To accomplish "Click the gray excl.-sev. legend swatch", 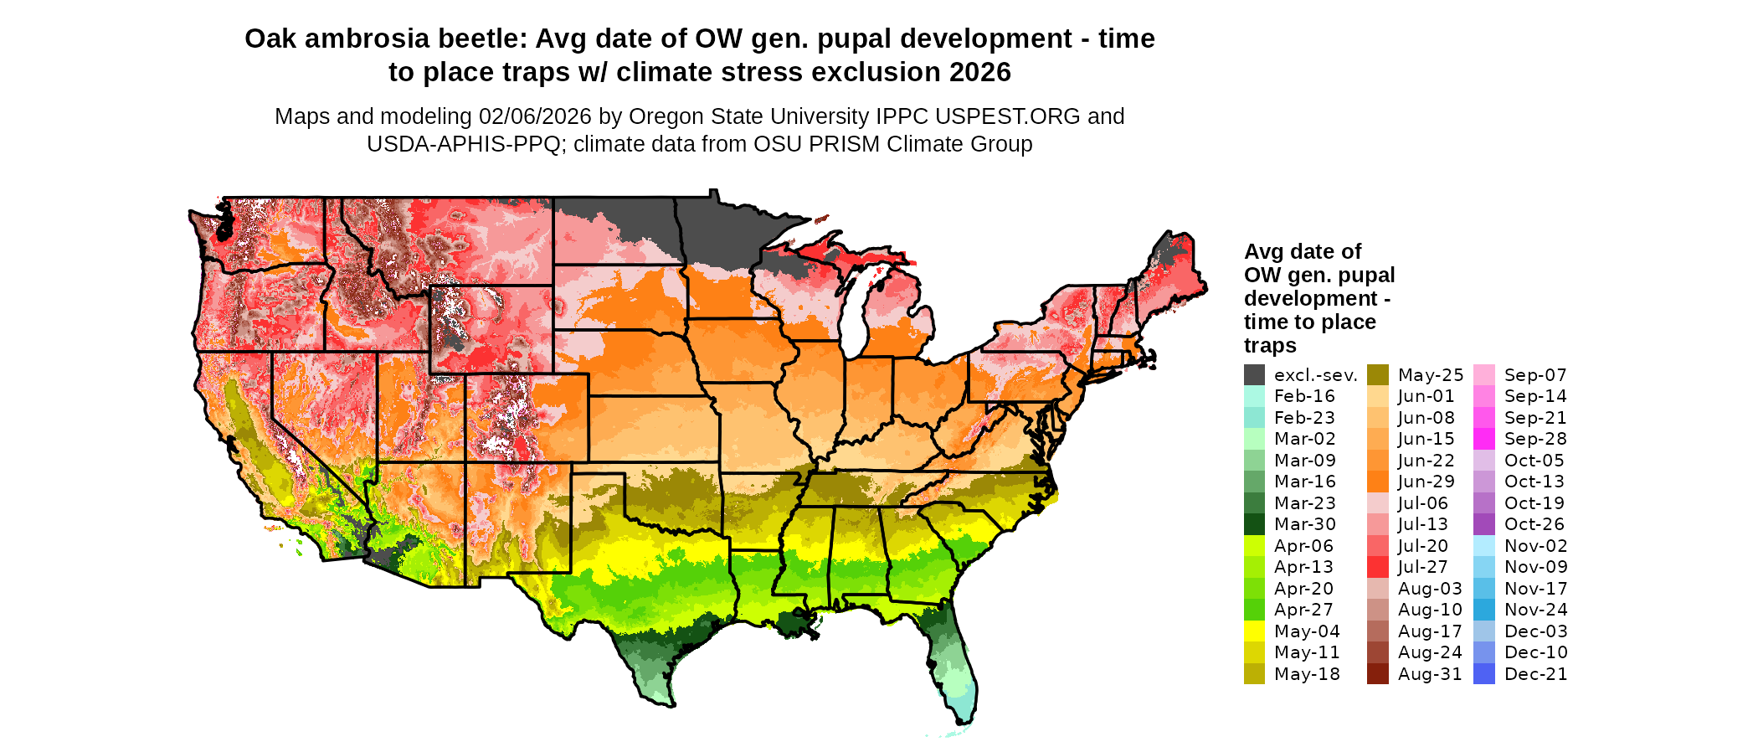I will [x=1254, y=375].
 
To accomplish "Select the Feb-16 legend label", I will [x=1304, y=396].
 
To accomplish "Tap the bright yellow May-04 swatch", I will [x=1254, y=631].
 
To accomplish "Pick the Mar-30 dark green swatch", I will [x=1254, y=524].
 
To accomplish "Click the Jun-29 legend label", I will [x=1426, y=482].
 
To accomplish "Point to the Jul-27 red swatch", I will [x=1378, y=567].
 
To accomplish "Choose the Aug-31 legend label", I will [x=1430, y=674].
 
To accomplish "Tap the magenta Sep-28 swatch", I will [x=1483, y=439].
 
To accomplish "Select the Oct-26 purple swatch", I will [x=1483, y=524].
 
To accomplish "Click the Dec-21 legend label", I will [x=1535, y=674].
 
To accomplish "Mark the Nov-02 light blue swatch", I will [x=1483, y=546].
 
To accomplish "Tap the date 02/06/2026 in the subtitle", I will [x=534, y=116].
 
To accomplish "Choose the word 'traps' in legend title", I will [x=1270, y=346].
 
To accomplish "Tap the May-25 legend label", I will [x=1431, y=375].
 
